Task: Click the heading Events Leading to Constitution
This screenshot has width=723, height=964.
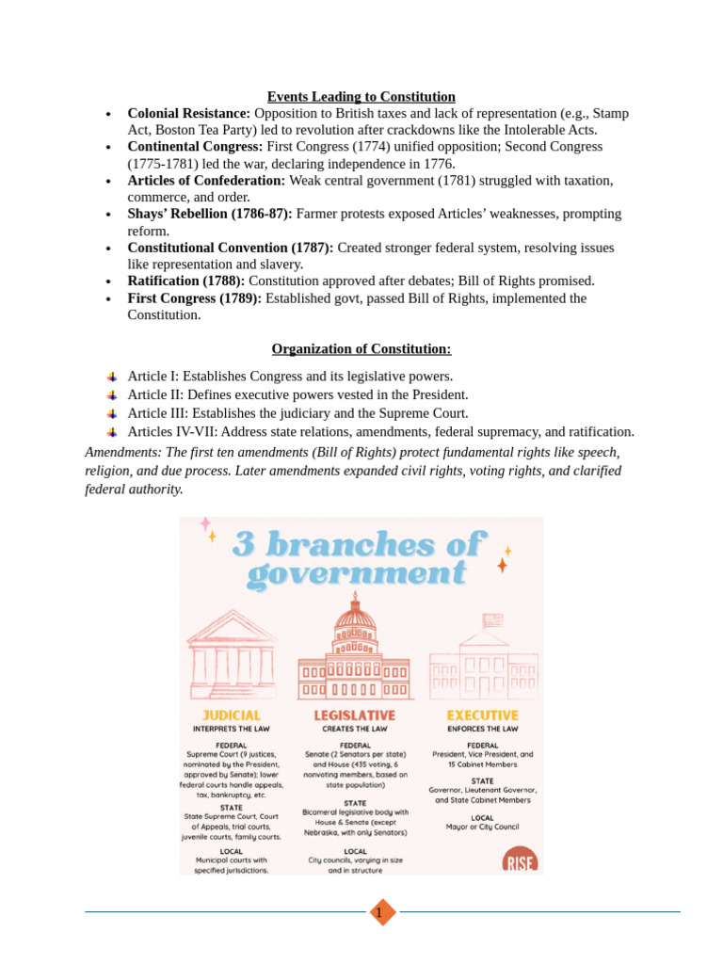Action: (361, 97)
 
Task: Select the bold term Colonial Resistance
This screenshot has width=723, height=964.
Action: (188, 113)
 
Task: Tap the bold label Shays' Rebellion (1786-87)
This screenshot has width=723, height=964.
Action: (210, 214)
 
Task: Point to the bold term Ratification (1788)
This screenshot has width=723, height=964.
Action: (185, 281)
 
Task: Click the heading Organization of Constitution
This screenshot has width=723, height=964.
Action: (361, 349)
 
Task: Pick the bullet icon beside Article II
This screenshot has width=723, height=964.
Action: (113, 395)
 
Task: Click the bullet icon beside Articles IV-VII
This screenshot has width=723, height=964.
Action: (113, 432)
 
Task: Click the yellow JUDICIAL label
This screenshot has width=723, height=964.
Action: (231, 715)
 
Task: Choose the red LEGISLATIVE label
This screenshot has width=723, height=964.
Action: (354, 715)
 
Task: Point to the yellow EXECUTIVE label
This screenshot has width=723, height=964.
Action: (482, 715)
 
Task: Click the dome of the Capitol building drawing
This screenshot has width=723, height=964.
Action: (355, 619)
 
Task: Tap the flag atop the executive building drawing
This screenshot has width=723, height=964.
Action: (491, 620)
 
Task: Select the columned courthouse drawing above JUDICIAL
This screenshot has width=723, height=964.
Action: (231, 652)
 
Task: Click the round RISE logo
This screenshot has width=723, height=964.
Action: (520, 860)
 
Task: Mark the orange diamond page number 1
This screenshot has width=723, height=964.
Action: (382, 912)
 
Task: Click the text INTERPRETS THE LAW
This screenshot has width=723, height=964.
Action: (231, 729)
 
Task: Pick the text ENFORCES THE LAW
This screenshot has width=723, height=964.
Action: (482, 729)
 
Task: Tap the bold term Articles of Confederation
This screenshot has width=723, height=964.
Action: (206, 180)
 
